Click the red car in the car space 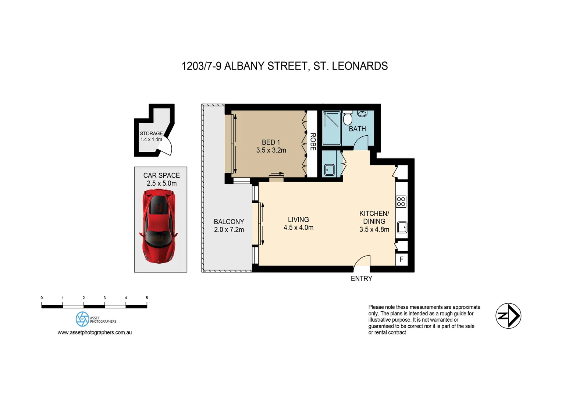point(159,226)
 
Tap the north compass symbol point(508,316)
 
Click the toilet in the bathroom point(348,118)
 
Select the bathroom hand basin point(362,114)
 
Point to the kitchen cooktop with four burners point(401,201)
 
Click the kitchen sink point(402,227)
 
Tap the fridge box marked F point(401,259)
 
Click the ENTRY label point(361,279)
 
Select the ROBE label point(313,142)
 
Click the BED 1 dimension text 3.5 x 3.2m point(271,150)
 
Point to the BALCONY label point(229,222)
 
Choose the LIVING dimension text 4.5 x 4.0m point(298,228)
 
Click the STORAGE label point(151,133)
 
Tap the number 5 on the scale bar point(147,298)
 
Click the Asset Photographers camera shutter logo point(82,319)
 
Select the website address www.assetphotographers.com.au point(95,332)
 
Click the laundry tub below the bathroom point(329,170)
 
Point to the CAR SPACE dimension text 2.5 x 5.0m point(161,183)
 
